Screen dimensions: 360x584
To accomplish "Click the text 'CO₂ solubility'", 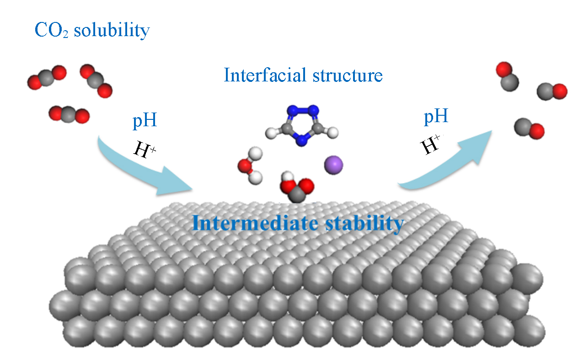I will [x=92, y=31].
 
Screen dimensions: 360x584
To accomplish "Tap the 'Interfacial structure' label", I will [x=303, y=75].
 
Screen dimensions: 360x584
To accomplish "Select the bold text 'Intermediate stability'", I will [x=298, y=224].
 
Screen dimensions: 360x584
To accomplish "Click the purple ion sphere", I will [x=333, y=165].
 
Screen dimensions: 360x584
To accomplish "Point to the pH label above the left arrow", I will [x=145, y=121].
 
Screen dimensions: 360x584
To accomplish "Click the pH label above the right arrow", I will [x=435, y=117].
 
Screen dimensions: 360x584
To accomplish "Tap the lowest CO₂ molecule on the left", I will [x=69, y=114].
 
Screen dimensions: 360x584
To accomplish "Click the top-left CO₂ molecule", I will [x=47, y=77].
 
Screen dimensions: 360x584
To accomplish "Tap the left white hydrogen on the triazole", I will [x=272, y=134].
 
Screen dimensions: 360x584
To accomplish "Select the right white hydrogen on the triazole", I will [x=334, y=133].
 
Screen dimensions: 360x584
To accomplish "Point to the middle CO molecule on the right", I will [x=552, y=91].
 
